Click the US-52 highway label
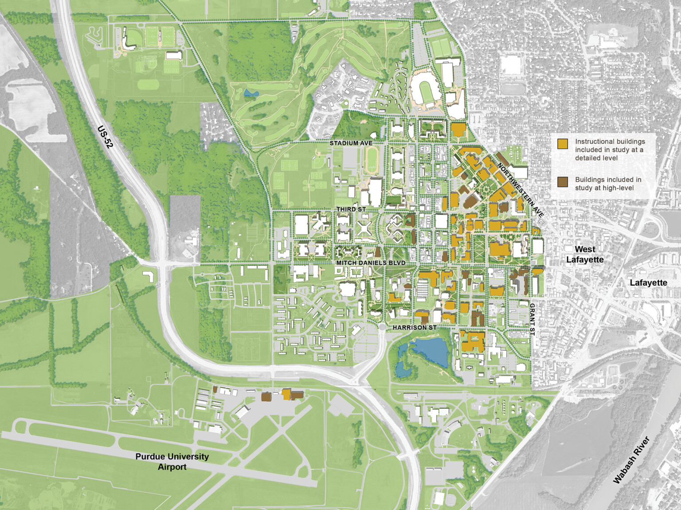[105, 137]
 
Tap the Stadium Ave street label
[351, 143]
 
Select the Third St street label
[351, 209]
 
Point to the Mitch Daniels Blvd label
[370, 263]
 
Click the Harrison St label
[415, 328]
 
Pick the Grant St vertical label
[532, 319]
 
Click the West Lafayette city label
[585, 254]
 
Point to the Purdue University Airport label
[172, 461]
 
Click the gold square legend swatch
[563, 143]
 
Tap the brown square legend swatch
[563, 182]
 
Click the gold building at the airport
[286, 394]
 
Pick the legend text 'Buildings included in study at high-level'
[608, 184]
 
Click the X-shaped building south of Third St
[364, 229]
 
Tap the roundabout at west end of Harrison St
[382, 327]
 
